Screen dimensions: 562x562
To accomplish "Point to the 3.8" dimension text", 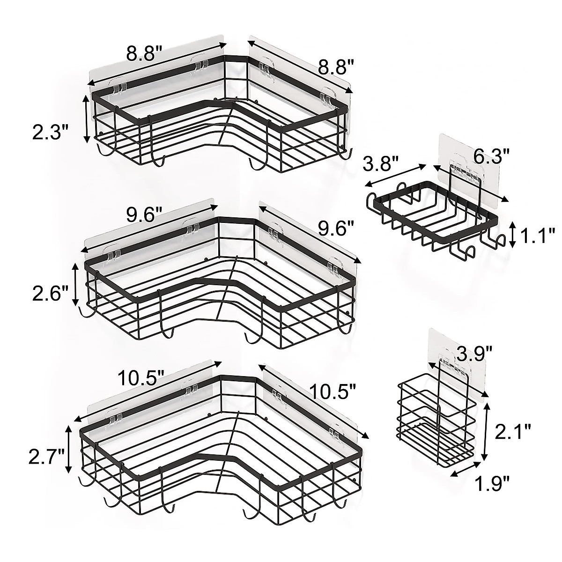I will click(381, 165).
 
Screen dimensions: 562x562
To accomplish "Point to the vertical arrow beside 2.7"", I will click(69, 449).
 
